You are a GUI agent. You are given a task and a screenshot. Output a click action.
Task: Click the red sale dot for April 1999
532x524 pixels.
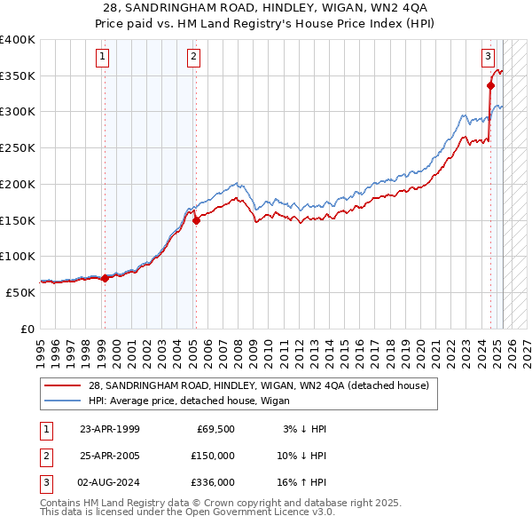pyautogui.click(x=106, y=278)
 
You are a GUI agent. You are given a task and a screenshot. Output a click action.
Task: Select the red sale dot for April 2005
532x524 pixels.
pyautogui.click(x=196, y=221)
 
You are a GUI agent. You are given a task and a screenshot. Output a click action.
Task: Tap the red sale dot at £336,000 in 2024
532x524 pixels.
pyautogui.click(x=490, y=86)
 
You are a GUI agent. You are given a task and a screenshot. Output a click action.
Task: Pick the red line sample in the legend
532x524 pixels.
pyautogui.click(x=63, y=385)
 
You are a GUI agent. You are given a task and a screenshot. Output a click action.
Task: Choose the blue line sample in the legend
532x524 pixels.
pyautogui.click(x=63, y=400)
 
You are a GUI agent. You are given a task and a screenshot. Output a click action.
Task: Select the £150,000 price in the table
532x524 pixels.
pyautogui.click(x=214, y=455)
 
